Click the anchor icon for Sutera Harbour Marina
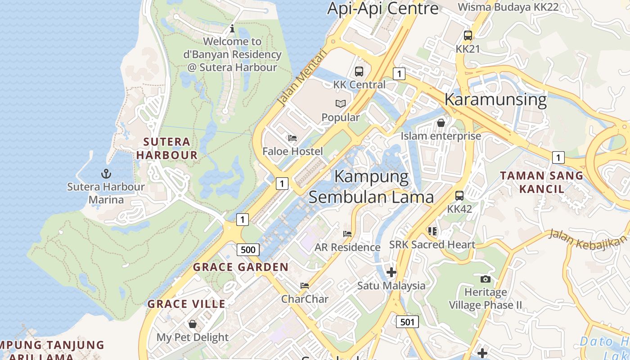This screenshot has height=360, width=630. coord(106,173)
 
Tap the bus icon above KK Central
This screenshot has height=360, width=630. coord(359,71)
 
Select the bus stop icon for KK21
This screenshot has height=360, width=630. coord(468,35)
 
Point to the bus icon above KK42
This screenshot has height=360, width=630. coord(459,196)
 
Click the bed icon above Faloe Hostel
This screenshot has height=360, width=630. coord(292,138)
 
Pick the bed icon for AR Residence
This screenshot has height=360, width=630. coord(347,234)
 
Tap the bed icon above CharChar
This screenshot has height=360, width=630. coord(305,286)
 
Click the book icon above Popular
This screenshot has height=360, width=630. coord(341,104)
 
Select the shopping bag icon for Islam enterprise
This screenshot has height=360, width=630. coord(441,122)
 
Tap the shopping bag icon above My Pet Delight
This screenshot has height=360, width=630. coord(193,324)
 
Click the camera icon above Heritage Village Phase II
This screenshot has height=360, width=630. coord(485,279)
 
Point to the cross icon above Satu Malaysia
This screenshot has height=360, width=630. coord(391,272)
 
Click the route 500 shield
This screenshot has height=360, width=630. coord(248,250)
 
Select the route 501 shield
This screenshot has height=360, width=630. coord(407,322)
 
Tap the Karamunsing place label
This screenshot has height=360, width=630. coord(495,99)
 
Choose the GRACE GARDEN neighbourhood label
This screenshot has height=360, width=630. coord(241,267)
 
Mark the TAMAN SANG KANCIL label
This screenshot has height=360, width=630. coord(542,182)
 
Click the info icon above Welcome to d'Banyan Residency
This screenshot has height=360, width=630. coord(232,29)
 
